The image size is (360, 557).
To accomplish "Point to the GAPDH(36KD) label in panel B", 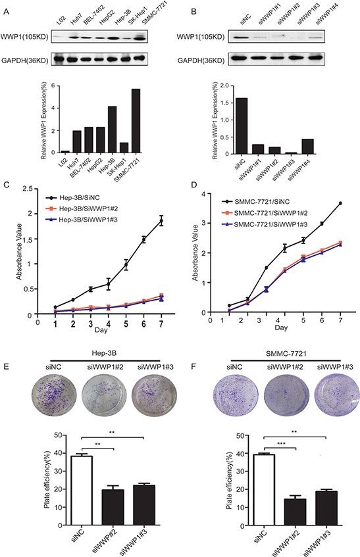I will [x=199, y=59].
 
